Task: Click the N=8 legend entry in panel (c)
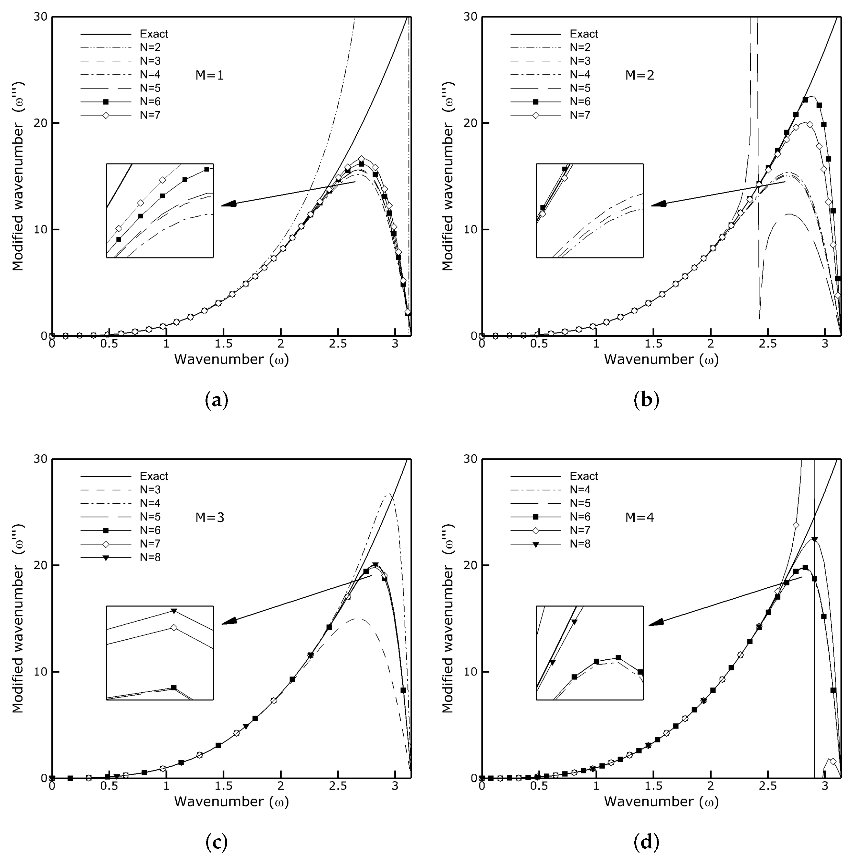(150, 557)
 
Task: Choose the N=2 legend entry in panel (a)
(150, 47)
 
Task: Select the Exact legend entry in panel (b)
(583, 34)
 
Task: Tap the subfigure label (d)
(646, 842)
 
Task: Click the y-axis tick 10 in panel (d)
(470, 672)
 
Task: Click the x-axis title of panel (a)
(231, 359)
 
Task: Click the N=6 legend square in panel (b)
(536, 101)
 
